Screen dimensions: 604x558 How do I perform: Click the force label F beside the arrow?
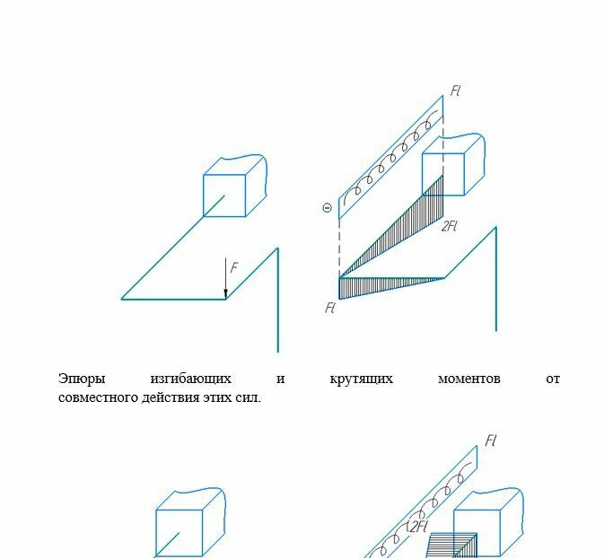click(234, 267)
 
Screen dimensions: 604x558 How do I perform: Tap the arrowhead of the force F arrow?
click(226, 294)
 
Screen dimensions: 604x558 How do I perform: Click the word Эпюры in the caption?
click(82, 379)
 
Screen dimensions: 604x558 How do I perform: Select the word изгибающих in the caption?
click(190, 379)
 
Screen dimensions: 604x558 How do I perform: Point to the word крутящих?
click(362, 379)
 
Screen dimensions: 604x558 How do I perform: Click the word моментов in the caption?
click(469, 379)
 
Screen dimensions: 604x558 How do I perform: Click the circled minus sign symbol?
click(327, 208)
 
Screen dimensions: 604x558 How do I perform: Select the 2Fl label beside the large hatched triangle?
click(449, 226)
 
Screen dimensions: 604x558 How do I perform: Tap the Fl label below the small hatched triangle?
click(330, 308)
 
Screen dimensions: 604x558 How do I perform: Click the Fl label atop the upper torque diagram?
click(456, 91)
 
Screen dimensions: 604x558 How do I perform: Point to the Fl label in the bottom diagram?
click(490, 440)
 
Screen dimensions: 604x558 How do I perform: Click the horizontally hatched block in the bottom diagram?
click(451, 545)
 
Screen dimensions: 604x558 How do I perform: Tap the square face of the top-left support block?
click(224, 196)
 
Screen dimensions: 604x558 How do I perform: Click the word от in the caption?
click(553, 379)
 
